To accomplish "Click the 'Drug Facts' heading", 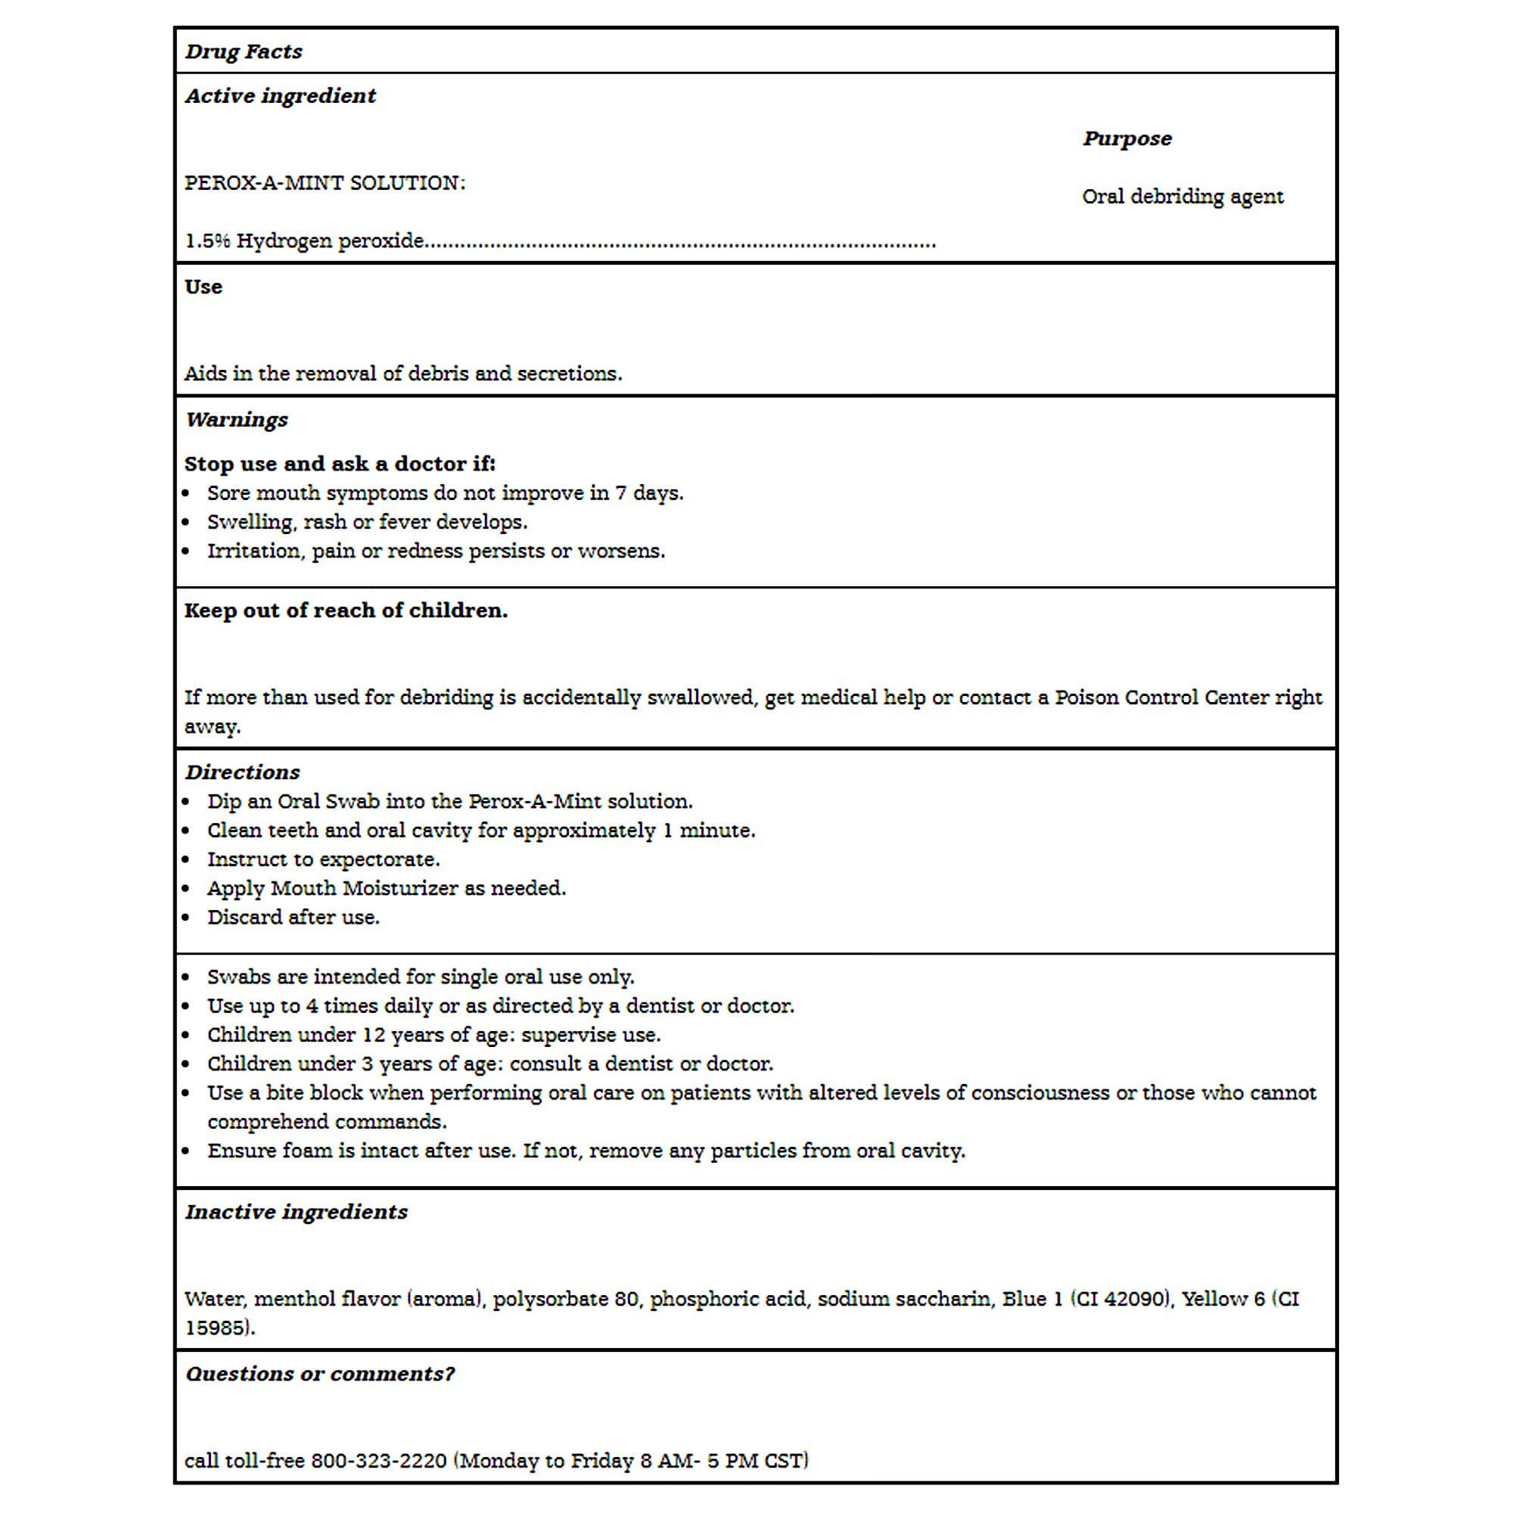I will (x=244, y=51).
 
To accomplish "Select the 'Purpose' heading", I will (x=1127, y=138).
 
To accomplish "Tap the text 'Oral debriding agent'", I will (x=1182, y=197).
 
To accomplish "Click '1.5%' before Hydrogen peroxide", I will (x=207, y=241).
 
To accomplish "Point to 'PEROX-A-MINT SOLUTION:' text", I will (x=325, y=183).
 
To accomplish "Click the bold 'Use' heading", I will (x=203, y=287).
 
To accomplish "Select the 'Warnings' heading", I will (x=237, y=420).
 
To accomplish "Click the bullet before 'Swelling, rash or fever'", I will (x=185, y=522).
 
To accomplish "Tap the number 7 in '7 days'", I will (x=620, y=493).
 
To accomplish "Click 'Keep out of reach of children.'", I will (x=346, y=610).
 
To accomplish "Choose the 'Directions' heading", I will (x=242, y=772).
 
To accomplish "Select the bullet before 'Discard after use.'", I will (x=185, y=918).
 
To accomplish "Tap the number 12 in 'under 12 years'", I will (x=374, y=1036).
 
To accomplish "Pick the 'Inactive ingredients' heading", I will (x=296, y=1212).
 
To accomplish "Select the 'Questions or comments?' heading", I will (x=319, y=1375).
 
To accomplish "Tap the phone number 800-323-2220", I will (x=378, y=1462).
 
